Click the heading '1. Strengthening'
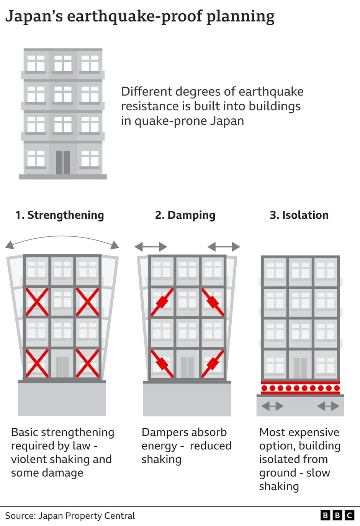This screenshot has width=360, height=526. click(59, 215)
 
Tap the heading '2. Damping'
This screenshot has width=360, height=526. click(185, 215)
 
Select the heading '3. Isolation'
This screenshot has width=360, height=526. click(299, 215)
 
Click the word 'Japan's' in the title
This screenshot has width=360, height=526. click(34, 16)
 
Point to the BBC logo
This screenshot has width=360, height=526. click(337, 515)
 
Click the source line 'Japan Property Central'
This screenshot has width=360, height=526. click(87, 516)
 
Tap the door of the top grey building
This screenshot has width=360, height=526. click(63, 162)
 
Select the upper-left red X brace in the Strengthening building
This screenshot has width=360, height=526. click(37, 302)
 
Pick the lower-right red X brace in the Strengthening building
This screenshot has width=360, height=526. click(87, 363)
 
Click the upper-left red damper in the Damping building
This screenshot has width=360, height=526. click(162, 302)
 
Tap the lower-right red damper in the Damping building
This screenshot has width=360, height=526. click(213, 363)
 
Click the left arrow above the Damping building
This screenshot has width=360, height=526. click(151, 247)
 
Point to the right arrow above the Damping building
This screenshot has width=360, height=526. click(224, 247)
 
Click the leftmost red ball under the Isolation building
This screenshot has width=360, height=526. click(264, 388)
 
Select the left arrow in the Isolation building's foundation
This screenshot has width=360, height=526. click(272, 406)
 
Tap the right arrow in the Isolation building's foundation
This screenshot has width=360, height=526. click(328, 406)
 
